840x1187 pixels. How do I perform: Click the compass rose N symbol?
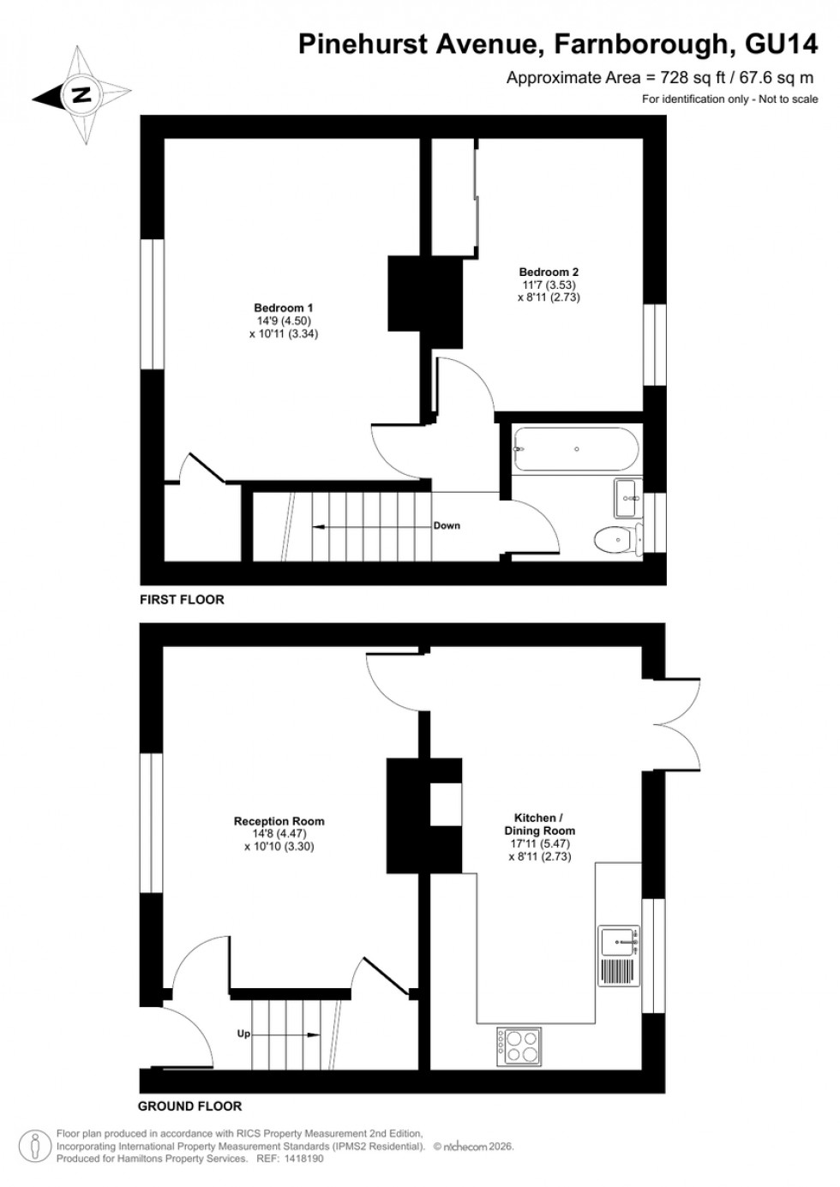[x=82, y=94]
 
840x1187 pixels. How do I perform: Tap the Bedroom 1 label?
[x=283, y=308]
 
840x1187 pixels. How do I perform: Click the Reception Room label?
[x=279, y=821]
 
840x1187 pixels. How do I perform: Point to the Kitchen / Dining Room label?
[x=539, y=824]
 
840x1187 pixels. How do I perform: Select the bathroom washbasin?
[x=627, y=499]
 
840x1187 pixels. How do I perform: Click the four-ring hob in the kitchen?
[x=518, y=1046]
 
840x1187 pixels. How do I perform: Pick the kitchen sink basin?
[x=616, y=941]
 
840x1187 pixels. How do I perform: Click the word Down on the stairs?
[x=447, y=525]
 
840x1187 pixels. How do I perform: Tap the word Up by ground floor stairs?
[x=243, y=1034]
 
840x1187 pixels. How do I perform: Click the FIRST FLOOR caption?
[x=182, y=600]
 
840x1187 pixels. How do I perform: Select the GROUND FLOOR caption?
[x=190, y=1106]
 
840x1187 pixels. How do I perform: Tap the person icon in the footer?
[x=34, y=1144]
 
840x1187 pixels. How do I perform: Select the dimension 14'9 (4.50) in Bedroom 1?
[x=283, y=321]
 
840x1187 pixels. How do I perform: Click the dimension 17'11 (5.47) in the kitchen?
[x=539, y=843]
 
